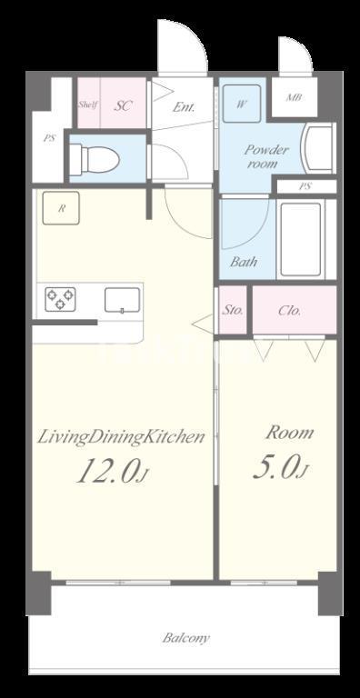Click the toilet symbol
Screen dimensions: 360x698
click(x=95, y=158)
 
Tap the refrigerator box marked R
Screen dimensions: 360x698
click(x=61, y=208)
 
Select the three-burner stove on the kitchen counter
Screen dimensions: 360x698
click(x=60, y=299)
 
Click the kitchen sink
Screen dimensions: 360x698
click(x=122, y=300)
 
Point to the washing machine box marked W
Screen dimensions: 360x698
click(x=242, y=104)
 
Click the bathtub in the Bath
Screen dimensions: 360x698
click(x=301, y=240)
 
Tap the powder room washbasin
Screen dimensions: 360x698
click(x=318, y=148)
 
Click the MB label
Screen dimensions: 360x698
click(x=293, y=97)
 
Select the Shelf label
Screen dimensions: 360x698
click(x=88, y=105)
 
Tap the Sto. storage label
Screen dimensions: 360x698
click(x=233, y=310)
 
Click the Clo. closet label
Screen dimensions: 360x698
click(x=290, y=310)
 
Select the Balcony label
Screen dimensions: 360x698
click(x=185, y=638)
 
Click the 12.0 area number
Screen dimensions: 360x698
click(x=106, y=472)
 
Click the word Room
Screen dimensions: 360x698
click(x=290, y=433)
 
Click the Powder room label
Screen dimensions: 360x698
click(x=266, y=156)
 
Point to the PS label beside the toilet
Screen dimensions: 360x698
click(x=49, y=138)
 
